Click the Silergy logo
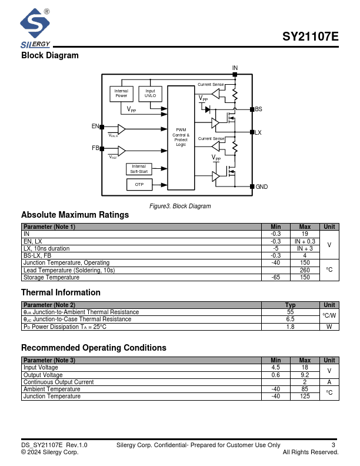[x=35, y=28]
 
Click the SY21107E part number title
[x=310, y=36]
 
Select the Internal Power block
[x=121, y=94]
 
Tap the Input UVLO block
[x=151, y=94]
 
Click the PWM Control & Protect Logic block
[x=181, y=138]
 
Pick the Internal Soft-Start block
[x=139, y=169]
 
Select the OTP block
[x=139, y=185]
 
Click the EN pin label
[x=95, y=127]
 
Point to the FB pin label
[x=95, y=148]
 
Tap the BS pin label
[x=258, y=109]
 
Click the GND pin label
[x=261, y=187]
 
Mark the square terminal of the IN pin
[x=235, y=74]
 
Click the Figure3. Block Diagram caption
[x=180, y=206]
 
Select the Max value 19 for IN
[x=305, y=234]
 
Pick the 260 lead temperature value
[x=305, y=270]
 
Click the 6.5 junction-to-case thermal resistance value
[x=290, y=319]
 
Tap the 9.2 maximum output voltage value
[x=305, y=375]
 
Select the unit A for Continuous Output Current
[x=329, y=382]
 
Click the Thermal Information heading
[x=61, y=292]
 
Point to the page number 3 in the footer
[x=334, y=445]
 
